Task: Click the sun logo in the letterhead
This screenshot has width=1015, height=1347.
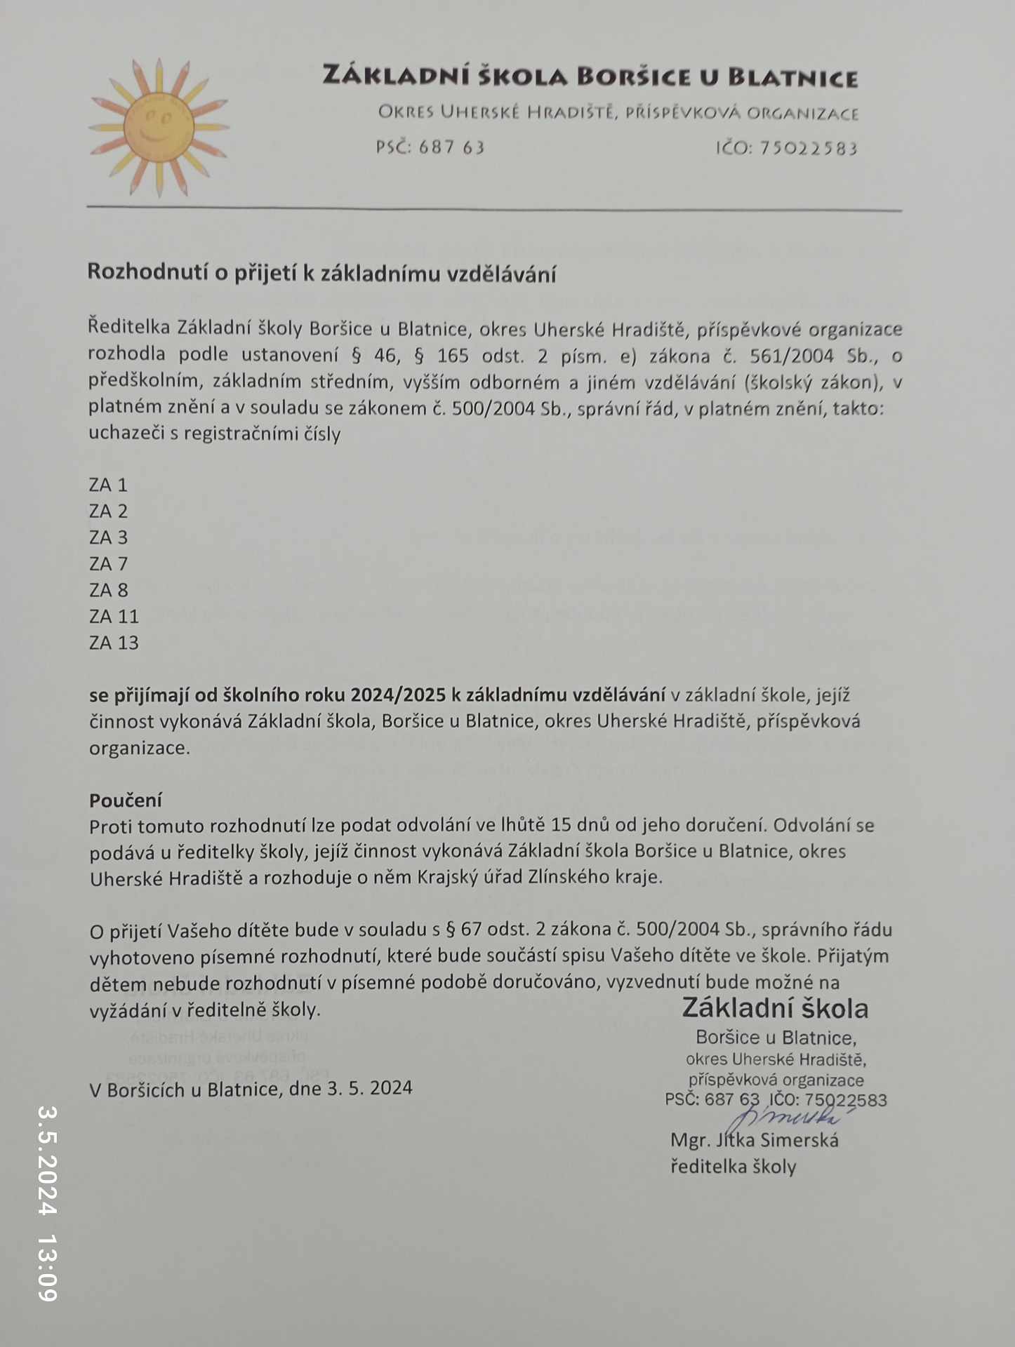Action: click(x=158, y=128)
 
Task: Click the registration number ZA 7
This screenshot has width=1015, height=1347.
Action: click(x=108, y=563)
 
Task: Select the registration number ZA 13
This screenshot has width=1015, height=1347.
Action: click(x=114, y=643)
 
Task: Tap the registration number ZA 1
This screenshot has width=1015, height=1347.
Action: click(x=108, y=485)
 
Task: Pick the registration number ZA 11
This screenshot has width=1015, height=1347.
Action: click(x=114, y=616)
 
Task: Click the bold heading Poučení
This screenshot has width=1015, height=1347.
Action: click(x=126, y=800)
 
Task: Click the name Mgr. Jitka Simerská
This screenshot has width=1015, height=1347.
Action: click(x=755, y=1140)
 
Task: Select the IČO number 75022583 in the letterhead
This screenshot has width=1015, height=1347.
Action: click(x=808, y=148)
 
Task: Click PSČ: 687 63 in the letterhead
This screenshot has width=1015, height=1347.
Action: click(x=430, y=147)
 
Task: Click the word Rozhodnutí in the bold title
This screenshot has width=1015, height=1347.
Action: click(x=147, y=272)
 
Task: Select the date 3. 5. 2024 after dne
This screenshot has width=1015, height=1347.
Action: click(x=370, y=1088)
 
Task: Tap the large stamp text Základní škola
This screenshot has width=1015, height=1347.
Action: click(x=775, y=1008)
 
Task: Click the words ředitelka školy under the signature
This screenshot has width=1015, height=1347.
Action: click(x=733, y=1167)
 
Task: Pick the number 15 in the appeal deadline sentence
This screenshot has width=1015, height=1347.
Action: click(x=562, y=825)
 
